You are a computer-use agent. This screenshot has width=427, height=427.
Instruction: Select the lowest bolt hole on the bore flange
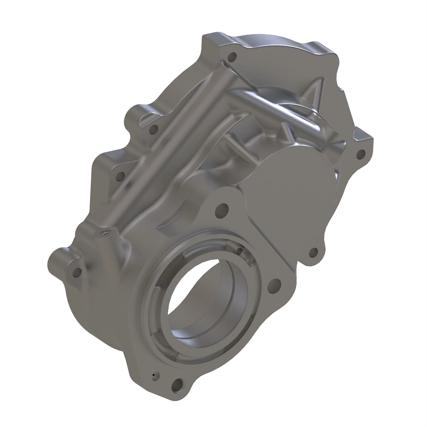tap(177, 385)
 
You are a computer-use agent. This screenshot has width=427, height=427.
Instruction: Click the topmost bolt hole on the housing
tap(233, 57)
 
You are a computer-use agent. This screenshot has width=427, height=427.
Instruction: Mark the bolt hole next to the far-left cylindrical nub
tap(76, 273)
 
